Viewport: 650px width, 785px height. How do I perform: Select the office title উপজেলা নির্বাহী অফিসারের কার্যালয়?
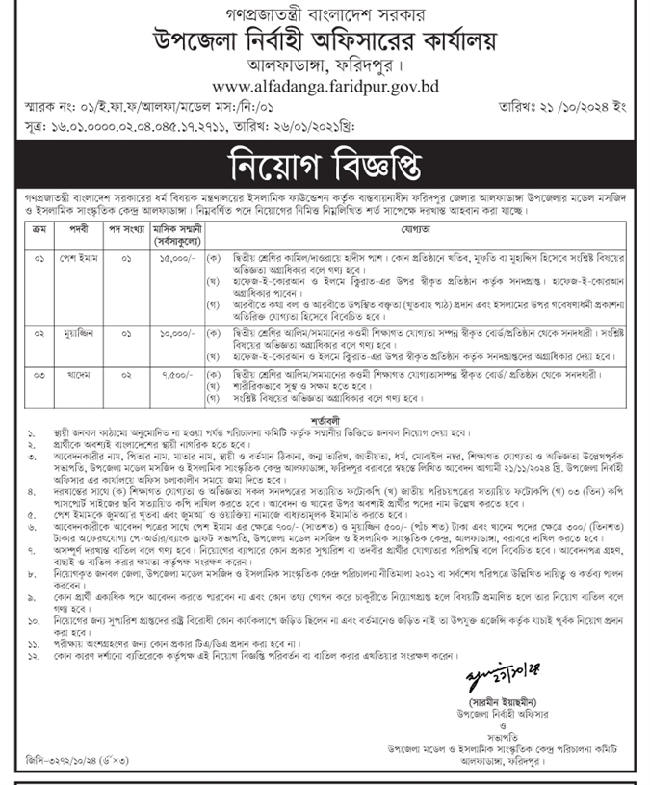(x=325, y=42)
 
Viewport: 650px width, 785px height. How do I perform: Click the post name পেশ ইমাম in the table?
(x=81, y=259)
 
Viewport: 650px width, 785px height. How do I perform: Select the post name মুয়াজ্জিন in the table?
(x=81, y=332)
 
